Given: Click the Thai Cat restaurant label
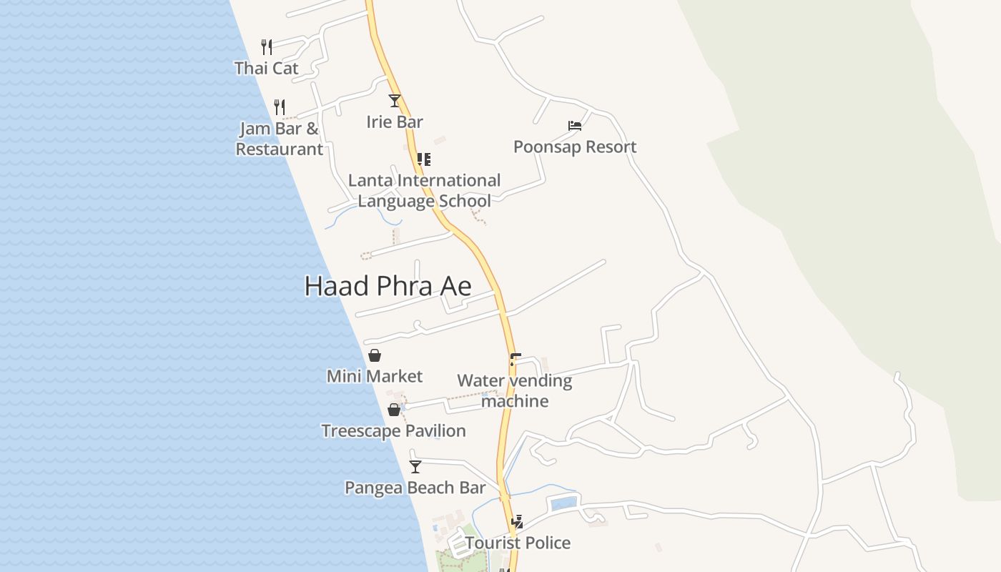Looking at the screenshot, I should pyautogui.click(x=266, y=68).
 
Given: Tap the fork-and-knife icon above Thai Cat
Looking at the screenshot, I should pyautogui.click(x=267, y=47).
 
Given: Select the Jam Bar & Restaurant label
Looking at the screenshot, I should pyautogui.click(x=280, y=139).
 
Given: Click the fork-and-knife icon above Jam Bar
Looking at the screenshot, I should pyautogui.click(x=280, y=107).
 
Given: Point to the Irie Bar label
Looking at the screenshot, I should pyautogui.click(x=395, y=122).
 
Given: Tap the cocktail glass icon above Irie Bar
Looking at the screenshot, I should pyautogui.click(x=395, y=100).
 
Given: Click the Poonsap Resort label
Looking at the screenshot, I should pyautogui.click(x=575, y=147).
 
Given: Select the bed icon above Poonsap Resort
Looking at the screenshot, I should pyautogui.click(x=575, y=126).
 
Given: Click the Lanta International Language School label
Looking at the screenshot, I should pyautogui.click(x=424, y=190).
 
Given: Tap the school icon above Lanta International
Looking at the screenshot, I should pyautogui.click(x=424, y=159).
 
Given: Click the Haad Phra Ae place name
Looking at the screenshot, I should pyautogui.click(x=388, y=286).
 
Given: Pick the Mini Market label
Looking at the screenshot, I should pyautogui.click(x=375, y=376).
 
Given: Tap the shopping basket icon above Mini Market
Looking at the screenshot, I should pyautogui.click(x=375, y=355).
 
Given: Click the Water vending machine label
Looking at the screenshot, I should pyautogui.click(x=515, y=390).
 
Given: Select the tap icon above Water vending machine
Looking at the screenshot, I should pyautogui.click(x=515, y=360).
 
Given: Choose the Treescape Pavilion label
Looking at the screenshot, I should pyautogui.click(x=393, y=430).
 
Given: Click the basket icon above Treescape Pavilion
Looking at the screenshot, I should pyautogui.click(x=394, y=410).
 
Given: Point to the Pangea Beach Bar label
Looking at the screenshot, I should pyautogui.click(x=415, y=488).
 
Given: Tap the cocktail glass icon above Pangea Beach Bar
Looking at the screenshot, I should pyautogui.click(x=415, y=467).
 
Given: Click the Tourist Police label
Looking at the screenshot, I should pyautogui.click(x=518, y=543).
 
